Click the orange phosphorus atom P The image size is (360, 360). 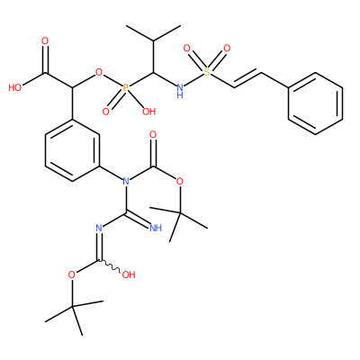point(126,87)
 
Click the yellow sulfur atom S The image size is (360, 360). point(207,72)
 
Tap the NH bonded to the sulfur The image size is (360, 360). point(180,91)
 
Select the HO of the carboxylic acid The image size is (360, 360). point(15,87)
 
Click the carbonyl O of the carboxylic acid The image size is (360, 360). point(45,41)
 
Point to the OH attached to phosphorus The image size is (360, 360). point(149,112)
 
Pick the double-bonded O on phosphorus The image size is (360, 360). point(105,112)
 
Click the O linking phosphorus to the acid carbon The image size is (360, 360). point(99,72)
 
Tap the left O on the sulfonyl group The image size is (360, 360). point(186,49)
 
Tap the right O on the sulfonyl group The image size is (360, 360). point(227,49)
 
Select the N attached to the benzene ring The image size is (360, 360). point(126,181)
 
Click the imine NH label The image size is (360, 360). point(156,228)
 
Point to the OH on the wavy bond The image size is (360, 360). point(129,274)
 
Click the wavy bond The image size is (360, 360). point(110,267)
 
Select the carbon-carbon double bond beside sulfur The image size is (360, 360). point(247,79)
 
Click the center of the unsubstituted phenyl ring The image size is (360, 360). point(315,103)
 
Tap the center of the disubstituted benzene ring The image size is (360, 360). point(72,150)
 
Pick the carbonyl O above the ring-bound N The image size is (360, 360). point(153,135)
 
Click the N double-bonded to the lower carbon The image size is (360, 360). point(99,228)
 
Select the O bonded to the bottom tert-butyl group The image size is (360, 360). point(72,274)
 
